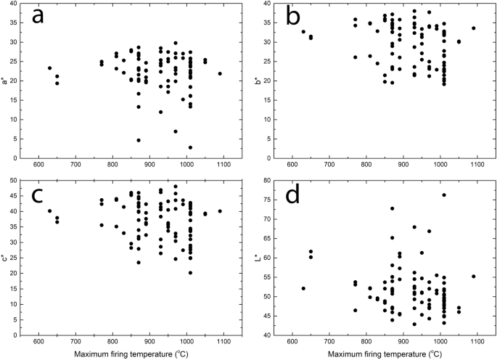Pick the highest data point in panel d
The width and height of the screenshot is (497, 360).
point(444,195)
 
